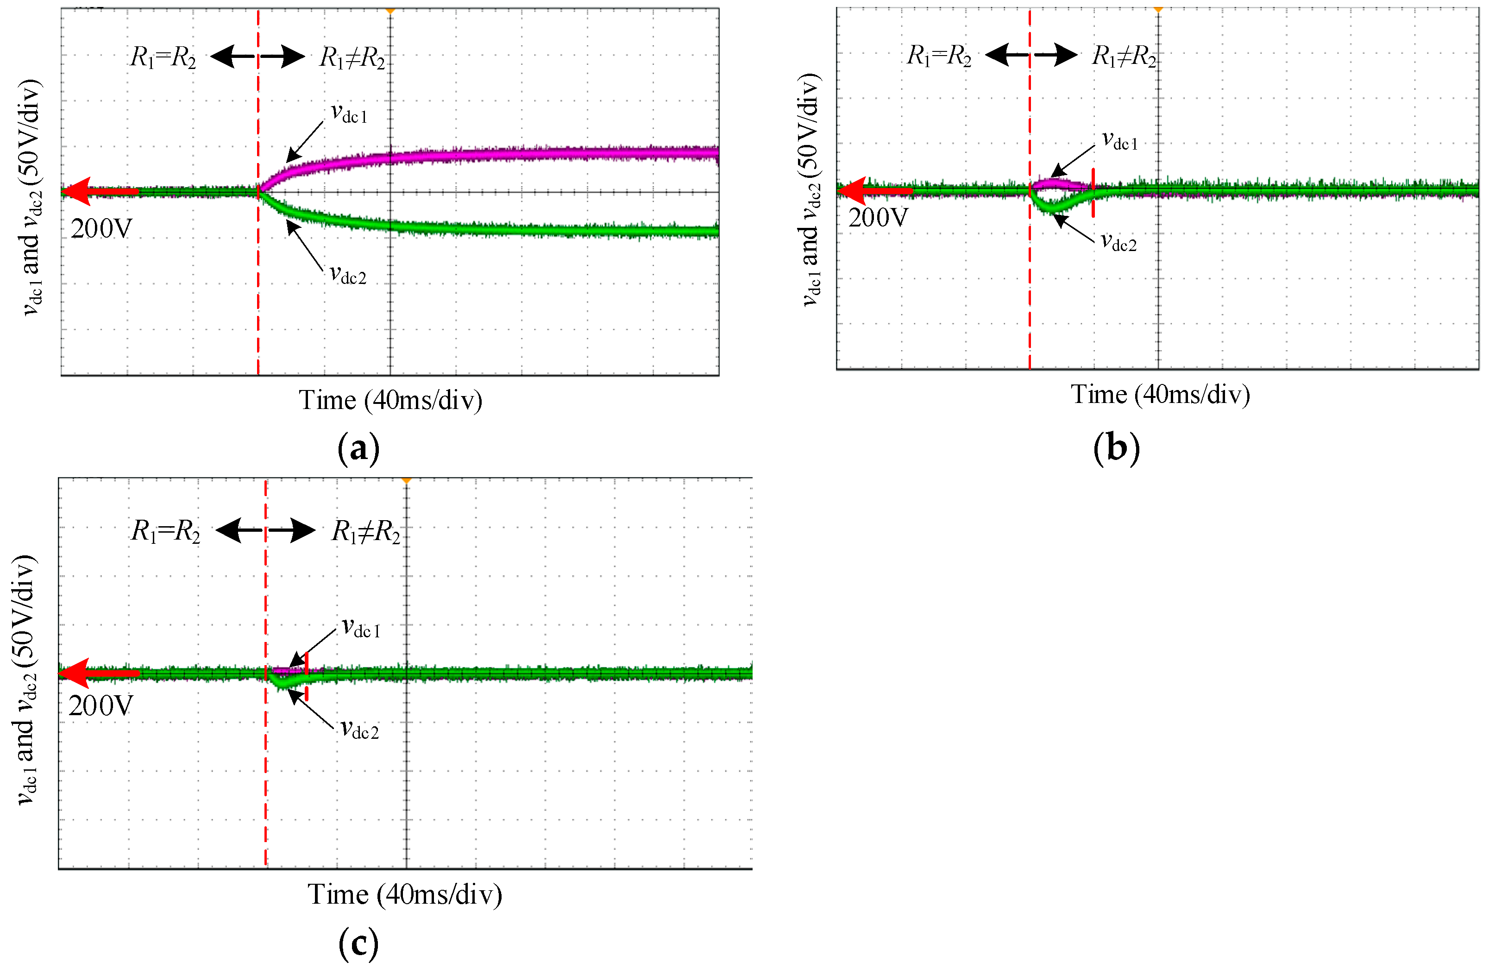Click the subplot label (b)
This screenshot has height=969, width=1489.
[1116, 448]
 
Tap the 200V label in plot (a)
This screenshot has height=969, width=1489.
[101, 229]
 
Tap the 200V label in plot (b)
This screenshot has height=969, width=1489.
[878, 218]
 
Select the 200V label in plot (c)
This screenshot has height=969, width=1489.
[100, 706]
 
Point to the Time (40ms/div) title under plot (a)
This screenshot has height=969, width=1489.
[390, 400]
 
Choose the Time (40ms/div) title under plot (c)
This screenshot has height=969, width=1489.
[405, 894]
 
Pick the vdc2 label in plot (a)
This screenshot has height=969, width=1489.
[348, 275]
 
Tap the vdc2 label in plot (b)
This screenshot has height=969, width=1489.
[1118, 242]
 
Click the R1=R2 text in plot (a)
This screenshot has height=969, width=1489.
[163, 57]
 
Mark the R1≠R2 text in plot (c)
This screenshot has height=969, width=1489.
[365, 532]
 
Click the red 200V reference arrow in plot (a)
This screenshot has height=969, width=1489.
[100, 191]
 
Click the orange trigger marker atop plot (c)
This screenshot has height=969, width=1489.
[407, 480]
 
